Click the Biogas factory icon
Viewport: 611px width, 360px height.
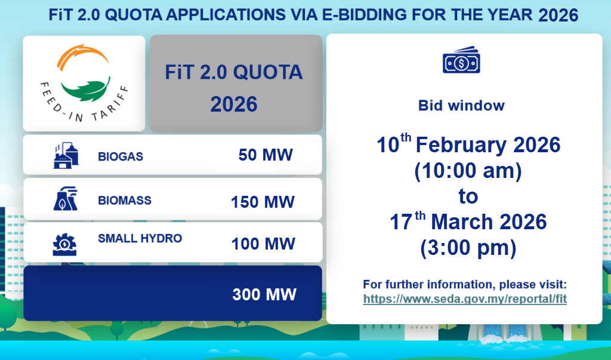[x=66, y=155]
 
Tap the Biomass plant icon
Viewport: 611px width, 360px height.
[x=66, y=199]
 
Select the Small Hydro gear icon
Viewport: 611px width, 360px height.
[x=64, y=245]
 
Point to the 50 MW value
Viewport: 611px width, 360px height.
[x=266, y=155]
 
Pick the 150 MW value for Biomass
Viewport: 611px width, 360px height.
[x=263, y=202]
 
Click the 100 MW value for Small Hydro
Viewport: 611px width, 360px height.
[x=263, y=244]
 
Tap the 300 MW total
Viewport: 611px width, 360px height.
[x=264, y=294]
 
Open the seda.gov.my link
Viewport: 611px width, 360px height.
[x=465, y=299]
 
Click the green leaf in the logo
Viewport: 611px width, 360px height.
[x=85, y=89]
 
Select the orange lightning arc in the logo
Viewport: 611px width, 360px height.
[x=82, y=56]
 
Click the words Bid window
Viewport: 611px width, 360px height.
[x=461, y=105]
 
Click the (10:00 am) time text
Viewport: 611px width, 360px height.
[x=468, y=170]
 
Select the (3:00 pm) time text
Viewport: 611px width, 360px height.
[x=468, y=248]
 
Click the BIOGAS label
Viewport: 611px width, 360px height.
[x=121, y=156]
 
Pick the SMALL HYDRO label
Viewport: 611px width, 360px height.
[x=140, y=238]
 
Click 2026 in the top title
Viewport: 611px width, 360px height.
[x=558, y=16]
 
